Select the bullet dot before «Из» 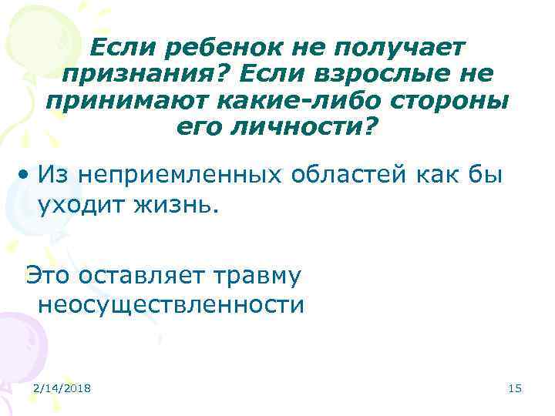tap(26, 175)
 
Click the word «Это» tap(52, 274)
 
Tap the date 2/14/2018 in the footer tap(62, 388)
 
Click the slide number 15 tap(515, 388)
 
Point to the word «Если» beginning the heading tap(116, 49)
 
